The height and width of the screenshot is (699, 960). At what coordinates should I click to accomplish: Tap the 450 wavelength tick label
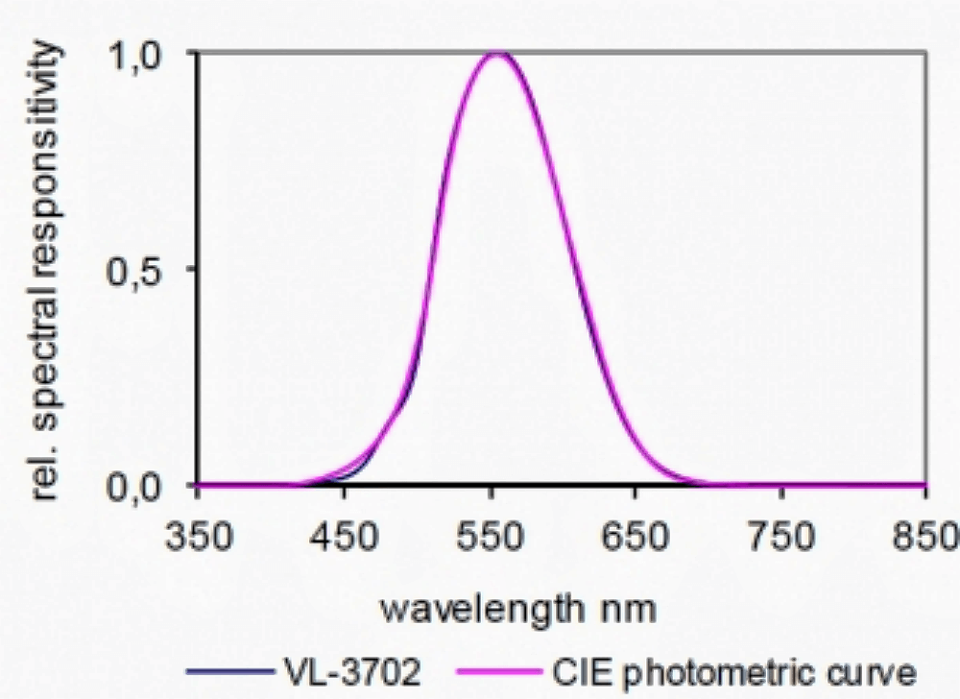pyautogui.click(x=345, y=536)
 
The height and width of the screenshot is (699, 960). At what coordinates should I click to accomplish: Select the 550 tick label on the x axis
pyautogui.click(x=491, y=536)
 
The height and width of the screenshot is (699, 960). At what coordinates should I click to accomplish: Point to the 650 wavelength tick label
pyautogui.click(x=636, y=536)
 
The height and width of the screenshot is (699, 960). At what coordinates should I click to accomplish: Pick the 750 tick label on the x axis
pyautogui.click(x=781, y=536)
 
